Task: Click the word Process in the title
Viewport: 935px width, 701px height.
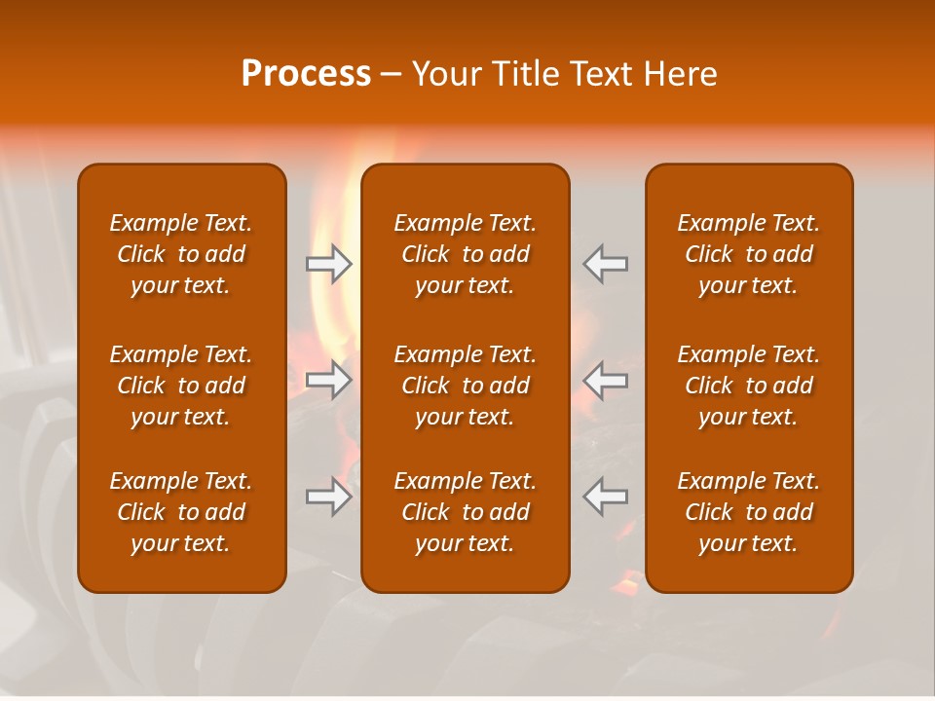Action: (x=306, y=74)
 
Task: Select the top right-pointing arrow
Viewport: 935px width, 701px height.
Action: (x=329, y=264)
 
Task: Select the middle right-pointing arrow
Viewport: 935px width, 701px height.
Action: (x=329, y=380)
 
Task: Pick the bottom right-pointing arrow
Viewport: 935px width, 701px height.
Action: (x=329, y=497)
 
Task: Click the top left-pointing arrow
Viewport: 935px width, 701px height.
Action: (x=605, y=264)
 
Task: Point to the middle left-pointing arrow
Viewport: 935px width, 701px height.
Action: (x=605, y=380)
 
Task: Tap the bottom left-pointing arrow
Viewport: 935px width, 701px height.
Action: (x=605, y=497)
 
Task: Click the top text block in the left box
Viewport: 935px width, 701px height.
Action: (x=181, y=254)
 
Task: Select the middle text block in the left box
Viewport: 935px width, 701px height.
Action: (x=181, y=386)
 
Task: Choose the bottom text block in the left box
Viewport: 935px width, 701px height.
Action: (x=181, y=512)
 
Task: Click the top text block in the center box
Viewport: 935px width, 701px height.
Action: (x=465, y=254)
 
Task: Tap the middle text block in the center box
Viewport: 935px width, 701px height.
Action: (x=465, y=386)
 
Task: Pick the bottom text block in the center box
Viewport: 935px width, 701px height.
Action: (x=465, y=512)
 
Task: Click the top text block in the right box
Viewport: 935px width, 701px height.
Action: (x=749, y=254)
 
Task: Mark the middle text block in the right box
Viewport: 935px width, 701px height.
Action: (x=749, y=386)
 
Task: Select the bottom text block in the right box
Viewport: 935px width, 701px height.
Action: (x=749, y=512)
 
